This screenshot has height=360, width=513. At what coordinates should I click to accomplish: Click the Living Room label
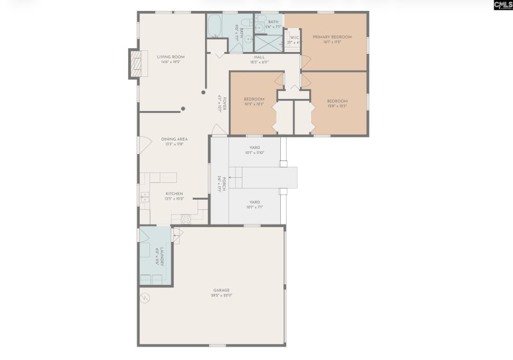(x=170, y=56)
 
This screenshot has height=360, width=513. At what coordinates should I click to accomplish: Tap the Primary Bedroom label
(x=332, y=37)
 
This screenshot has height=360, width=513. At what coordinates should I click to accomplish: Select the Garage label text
(x=221, y=290)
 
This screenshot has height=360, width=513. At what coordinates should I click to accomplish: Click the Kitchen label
(x=174, y=193)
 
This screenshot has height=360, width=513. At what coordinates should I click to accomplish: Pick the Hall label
(x=260, y=57)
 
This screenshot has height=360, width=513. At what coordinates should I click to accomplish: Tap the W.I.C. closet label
(x=295, y=37)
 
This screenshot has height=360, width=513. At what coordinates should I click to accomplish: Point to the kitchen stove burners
(x=185, y=218)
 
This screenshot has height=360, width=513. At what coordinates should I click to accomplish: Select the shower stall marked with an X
(x=267, y=44)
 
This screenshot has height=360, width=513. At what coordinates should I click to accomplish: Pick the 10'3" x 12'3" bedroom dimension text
(x=254, y=105)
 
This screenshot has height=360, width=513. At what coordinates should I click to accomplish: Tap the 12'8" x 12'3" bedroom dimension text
(x=337, y=106)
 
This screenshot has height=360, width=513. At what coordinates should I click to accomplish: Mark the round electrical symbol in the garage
(x=145, y=296)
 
